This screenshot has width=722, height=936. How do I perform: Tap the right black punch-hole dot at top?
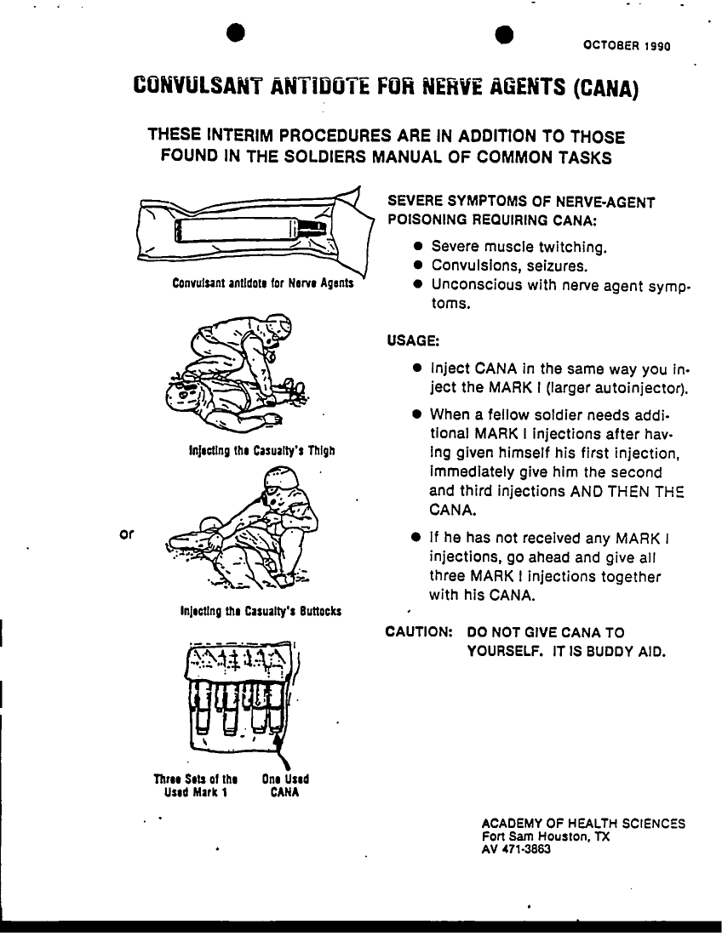tap(505, 32)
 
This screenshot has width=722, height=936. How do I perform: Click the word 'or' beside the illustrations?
tap(125, 534)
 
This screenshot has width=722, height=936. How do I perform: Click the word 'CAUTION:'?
tap(418, 632)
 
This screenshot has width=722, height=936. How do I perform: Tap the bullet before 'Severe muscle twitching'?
tap(418, 248)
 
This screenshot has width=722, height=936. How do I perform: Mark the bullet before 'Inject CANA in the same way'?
tap(418, 369)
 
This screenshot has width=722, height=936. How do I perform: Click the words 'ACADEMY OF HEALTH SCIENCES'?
tap(583, 824)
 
